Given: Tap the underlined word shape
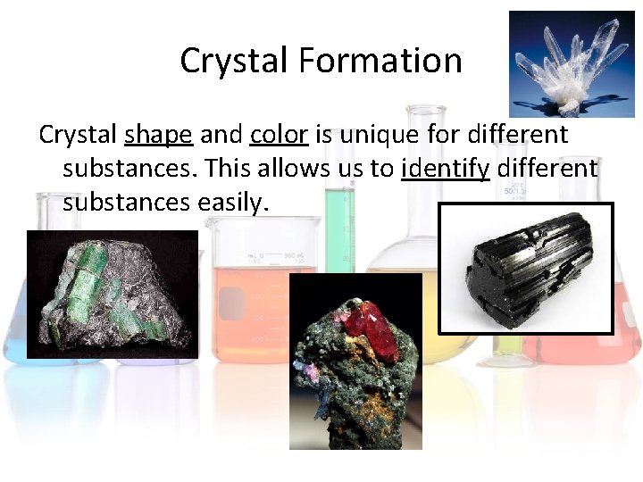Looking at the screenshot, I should point(158,135).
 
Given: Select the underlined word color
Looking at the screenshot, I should point(279,135).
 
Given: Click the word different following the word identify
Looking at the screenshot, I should point(547,168).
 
